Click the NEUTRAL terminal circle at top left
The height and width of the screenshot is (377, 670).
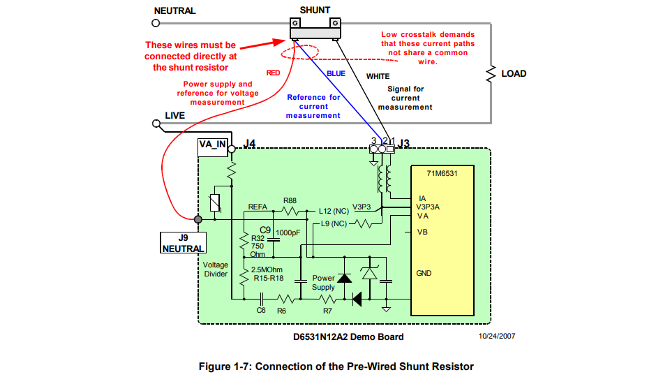point(156,23)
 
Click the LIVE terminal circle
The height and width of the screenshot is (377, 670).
point(156,124)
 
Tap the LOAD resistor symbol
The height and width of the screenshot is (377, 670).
point(491,73)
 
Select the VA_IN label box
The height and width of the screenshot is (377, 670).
point(213,147)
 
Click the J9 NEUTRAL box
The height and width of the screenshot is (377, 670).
point(184,243)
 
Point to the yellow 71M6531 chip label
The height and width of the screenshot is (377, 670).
point(442,174)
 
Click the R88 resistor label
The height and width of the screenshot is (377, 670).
point(290,200)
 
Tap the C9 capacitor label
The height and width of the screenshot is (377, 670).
point(265,230)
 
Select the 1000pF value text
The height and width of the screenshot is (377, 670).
point(288,233)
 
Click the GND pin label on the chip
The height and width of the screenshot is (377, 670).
point(424,273)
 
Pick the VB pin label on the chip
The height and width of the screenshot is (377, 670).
point(422,232)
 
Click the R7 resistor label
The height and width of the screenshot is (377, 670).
point(327,311)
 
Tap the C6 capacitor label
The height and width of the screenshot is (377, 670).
point(261,310)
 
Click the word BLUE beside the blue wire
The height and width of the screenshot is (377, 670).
point(336,73)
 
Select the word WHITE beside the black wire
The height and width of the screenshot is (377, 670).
point(378,77)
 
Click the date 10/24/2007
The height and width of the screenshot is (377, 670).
point(496,336)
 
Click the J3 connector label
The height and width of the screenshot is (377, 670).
point(403,143)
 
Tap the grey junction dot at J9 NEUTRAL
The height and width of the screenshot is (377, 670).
point(198,219)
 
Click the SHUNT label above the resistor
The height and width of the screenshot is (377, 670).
point(315,10)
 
